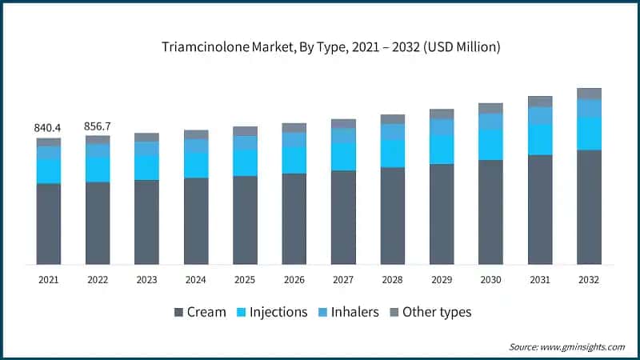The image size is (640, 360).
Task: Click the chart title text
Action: point(319,47)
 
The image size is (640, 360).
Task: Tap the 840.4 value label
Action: point(48,127)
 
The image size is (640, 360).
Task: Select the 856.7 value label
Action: point(98,126)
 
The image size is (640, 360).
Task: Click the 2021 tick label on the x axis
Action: point(48,280)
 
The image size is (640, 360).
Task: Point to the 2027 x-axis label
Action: point(343,280)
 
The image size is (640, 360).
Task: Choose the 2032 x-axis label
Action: point(589,280)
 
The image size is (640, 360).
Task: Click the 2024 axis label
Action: point(196,280)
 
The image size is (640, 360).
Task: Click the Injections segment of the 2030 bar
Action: point(490,145)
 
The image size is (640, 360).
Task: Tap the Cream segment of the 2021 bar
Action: point(48,224)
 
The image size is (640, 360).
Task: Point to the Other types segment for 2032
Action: point(589,94)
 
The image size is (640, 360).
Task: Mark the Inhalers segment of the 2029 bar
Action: point(442,126)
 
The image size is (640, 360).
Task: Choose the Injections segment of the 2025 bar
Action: point(245,163)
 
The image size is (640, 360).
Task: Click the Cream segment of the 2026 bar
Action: point(294,218)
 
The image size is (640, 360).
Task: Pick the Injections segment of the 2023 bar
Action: point(146,168)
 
